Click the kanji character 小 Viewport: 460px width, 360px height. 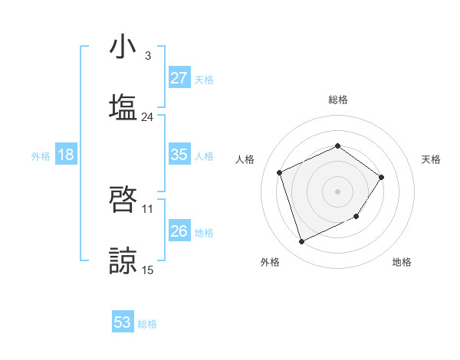tap(123, 47)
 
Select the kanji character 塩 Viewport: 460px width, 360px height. tap(123, 106)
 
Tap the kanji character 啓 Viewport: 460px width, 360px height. tap(123, 201)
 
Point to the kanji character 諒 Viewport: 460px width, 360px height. tap(123, 260)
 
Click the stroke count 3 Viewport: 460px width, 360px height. tap(147, 56)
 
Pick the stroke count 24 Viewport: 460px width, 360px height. tap(147, 117)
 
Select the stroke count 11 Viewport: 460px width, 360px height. tap(148, 208)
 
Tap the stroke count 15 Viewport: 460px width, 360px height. tap(148, 270)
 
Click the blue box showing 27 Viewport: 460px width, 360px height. tap(179, 78)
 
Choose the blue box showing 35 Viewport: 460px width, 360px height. tap(179, 155)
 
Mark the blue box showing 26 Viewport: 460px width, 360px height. tap(179, 231)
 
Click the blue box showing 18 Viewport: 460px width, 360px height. tap(66, 155)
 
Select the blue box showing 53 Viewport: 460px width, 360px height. tap(123, 322)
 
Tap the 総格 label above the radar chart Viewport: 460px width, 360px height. tap(338, 100)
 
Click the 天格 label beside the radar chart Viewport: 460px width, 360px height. tap(432, 159)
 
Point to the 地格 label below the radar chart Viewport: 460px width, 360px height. tap(402, 262)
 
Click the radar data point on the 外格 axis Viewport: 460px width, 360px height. tap(301, 242)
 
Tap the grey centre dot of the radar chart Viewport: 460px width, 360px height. tap(337, 191)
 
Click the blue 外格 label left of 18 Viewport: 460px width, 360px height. tap(41, 155)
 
